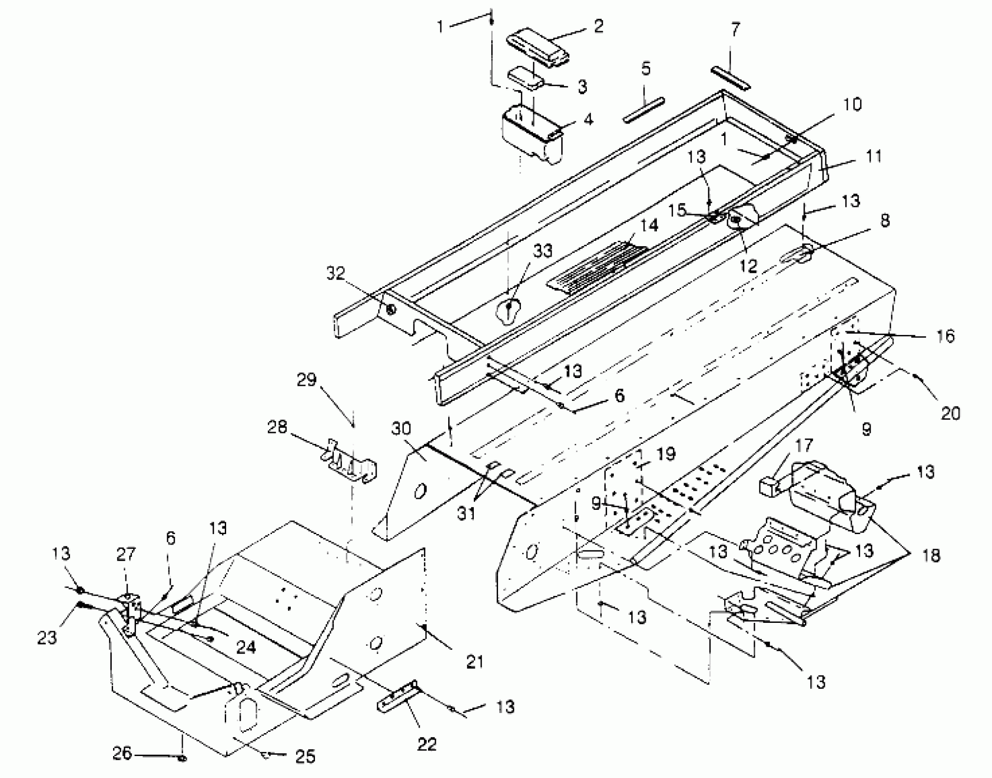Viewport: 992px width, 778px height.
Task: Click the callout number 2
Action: point(598,26)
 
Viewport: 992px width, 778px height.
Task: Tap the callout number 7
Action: point(734,30)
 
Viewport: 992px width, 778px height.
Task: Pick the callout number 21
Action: point(474,662)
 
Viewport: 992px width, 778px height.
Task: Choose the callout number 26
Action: point(122,753)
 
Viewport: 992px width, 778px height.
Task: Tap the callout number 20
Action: point(950,413)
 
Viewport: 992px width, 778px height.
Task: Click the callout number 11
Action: point(873,157)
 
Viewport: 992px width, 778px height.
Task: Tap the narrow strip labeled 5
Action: point(644,110)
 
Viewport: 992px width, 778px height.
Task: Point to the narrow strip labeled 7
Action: point(731,79)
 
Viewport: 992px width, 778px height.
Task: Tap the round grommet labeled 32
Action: point(390,310)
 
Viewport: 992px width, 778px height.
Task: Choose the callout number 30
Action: point(401,429)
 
